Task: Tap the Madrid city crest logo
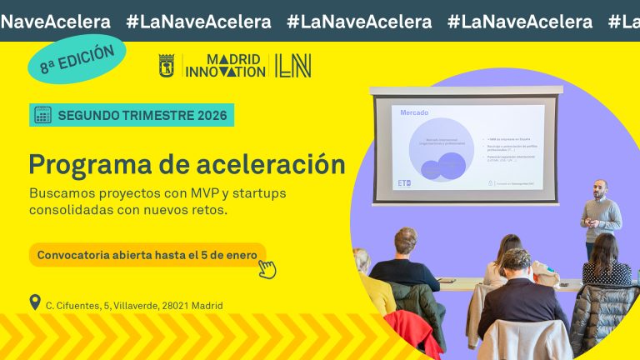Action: [166, 66]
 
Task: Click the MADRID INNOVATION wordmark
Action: [224, 66]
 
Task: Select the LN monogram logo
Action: [292, 66]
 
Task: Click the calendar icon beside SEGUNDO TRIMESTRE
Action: [42, 115]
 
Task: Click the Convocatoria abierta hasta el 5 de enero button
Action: [147, 254]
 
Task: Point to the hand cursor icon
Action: [267, 268]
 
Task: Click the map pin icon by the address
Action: [34, 302]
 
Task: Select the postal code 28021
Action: [172, 306]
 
